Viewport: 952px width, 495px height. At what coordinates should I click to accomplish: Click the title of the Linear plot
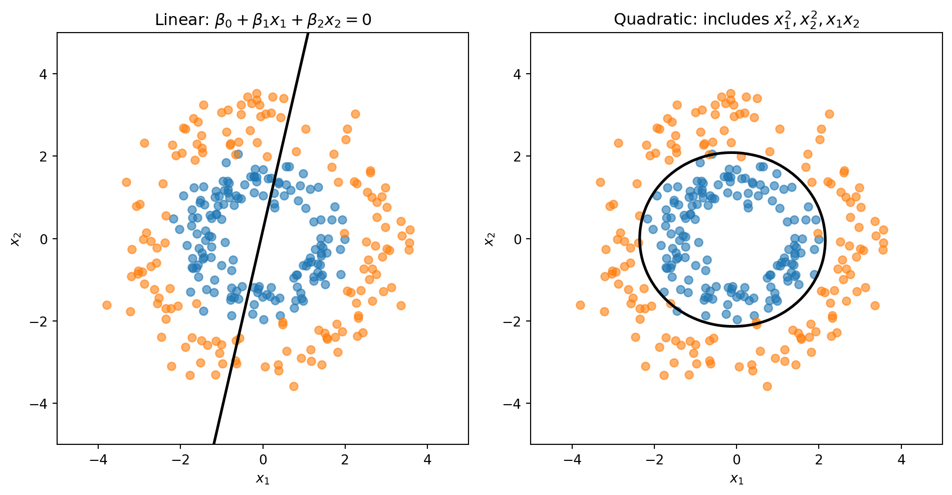(x=263, y=20)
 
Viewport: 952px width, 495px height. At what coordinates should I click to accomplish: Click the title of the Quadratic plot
(x=737, y=20)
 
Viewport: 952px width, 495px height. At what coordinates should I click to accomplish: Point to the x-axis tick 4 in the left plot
(x=427, y=460)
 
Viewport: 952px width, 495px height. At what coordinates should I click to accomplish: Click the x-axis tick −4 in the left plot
(x=98, y=460)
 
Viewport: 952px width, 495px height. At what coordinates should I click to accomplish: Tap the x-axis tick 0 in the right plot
(x=737, y=460)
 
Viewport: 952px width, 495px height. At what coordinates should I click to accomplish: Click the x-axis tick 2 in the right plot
(x=819, y=460)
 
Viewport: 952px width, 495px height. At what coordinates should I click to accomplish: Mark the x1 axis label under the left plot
(x=263, y=479)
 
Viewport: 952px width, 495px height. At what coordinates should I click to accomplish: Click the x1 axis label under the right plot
(x=737, y=479)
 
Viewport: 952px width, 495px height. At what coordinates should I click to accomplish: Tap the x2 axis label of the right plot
(x=490, y=239)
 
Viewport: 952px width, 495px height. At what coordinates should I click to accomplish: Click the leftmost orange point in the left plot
(x=107, y=305)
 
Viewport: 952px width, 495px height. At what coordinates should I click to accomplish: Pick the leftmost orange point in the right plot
(x=580, y=305)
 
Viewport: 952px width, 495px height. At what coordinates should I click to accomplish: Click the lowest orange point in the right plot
(x=767, y=386)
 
